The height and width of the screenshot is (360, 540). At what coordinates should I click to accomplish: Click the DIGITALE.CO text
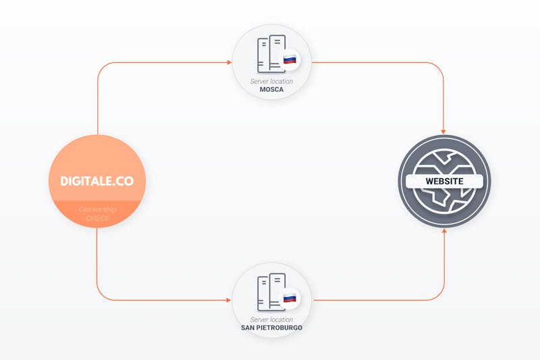point(97,181)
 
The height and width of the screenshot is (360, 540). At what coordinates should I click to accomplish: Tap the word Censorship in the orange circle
point(97,209)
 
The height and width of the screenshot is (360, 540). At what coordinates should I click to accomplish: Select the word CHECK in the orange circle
point(98,218)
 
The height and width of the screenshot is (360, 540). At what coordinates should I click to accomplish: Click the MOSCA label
point(272,90)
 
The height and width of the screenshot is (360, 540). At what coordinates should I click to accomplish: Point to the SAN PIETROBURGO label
point(272,328)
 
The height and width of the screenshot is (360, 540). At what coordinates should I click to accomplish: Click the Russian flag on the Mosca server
point(290,59)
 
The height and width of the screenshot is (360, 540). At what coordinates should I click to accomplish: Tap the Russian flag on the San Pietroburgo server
point(290,298)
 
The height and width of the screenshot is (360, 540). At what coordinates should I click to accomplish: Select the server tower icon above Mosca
point(271,54)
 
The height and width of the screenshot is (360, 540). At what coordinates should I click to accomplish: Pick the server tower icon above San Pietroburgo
point(271,292)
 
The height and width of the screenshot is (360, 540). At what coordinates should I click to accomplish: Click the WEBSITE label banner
point(444,181)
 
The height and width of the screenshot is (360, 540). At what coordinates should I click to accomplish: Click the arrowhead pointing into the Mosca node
point(229,62)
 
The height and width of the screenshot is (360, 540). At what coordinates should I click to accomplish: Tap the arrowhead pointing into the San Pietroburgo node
point(229,300)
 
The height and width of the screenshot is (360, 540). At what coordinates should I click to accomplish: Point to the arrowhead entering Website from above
point(443,132)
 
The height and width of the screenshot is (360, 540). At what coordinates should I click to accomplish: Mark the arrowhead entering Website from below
point(444,230)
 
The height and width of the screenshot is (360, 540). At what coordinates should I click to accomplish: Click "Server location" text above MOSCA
point(272,81)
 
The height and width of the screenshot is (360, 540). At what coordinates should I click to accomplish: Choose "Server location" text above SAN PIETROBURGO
point(272,319)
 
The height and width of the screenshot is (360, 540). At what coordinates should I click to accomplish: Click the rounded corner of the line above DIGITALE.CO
point(101,66)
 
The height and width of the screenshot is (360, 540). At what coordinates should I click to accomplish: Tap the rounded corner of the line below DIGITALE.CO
point(101,297)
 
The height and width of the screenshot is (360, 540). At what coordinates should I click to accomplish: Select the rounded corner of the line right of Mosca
point(439,66)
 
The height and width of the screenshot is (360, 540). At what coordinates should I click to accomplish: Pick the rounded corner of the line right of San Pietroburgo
point(441,297)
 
